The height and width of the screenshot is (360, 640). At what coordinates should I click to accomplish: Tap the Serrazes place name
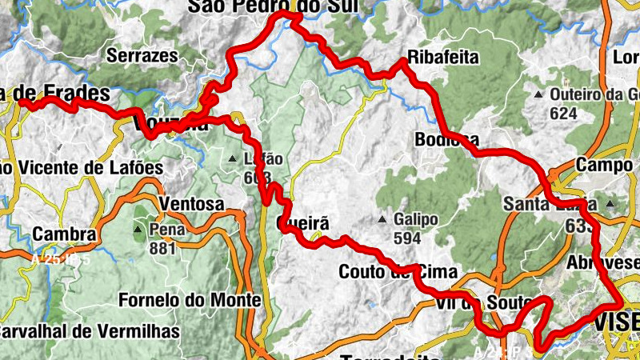142,56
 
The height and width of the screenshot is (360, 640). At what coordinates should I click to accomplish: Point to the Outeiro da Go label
592,94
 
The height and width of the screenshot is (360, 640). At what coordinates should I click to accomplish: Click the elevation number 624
563,114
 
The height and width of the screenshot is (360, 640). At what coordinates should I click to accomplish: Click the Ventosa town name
192,205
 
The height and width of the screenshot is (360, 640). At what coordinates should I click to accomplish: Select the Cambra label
65,235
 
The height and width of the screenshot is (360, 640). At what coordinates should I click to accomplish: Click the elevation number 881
162,249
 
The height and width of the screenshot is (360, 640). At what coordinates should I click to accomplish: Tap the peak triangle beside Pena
139,230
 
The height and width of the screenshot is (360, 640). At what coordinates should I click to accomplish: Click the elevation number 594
407,238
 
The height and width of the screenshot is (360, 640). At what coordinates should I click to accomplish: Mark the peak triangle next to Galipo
384,219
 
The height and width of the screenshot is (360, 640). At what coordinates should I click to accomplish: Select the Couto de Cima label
398,271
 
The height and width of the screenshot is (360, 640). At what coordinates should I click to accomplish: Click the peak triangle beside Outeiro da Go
539,94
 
